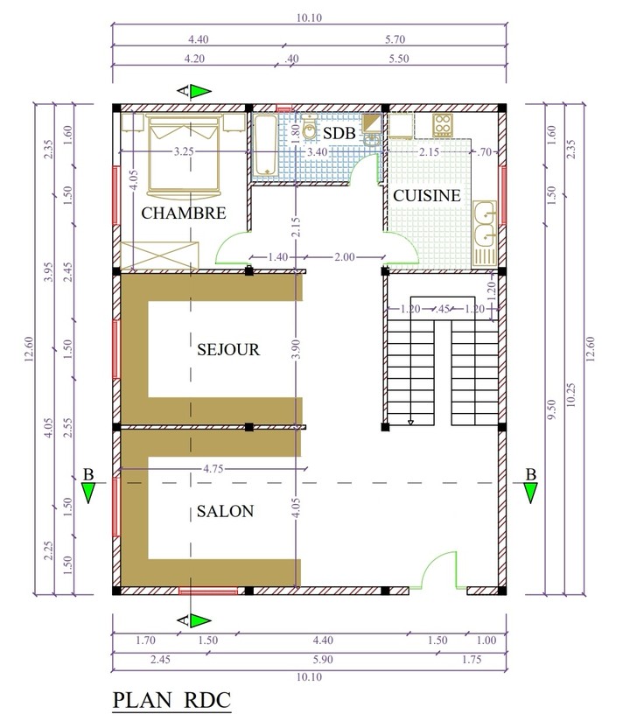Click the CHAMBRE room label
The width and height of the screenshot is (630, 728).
pyautogui.click(x=184, y=213)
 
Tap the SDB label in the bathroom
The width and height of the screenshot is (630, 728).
pyautogui.click(x=339, y=133)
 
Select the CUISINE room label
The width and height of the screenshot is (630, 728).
pyautogui.click(x=427, y=195)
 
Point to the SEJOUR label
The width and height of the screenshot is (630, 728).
pyautogui.click(x=228, y=349)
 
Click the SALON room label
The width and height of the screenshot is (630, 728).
pyautogui.click(x=225, y=511)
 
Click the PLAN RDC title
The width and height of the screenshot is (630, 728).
pyautogui.click(x=171, y=700)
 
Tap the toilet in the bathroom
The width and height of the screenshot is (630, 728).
pyautogui.click(x=309, y=126)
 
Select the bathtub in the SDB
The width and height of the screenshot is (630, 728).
pyautogui.click(x=265, y=145)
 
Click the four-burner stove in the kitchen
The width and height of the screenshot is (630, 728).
pyautogui.click(x=443, y=125)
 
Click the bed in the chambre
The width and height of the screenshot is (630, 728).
pyautogui.click(x=184, y=155)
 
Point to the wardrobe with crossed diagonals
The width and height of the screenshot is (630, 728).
pyautogui.click(x=159, y=255)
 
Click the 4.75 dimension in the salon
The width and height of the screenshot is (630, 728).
pyautogui.click(x=213, y=469)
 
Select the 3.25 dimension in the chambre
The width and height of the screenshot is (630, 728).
pyautogui.click(x=184, y=151)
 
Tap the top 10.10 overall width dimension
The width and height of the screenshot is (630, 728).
pyautogui.click(x=309, y=17)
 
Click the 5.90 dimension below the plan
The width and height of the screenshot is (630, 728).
pyautogui.click(x=323, y=660)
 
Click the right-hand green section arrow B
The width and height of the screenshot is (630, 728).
pyautogui.click(x=530, y=493)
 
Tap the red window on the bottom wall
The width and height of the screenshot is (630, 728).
pyautogui.click(x=208, y=591)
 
